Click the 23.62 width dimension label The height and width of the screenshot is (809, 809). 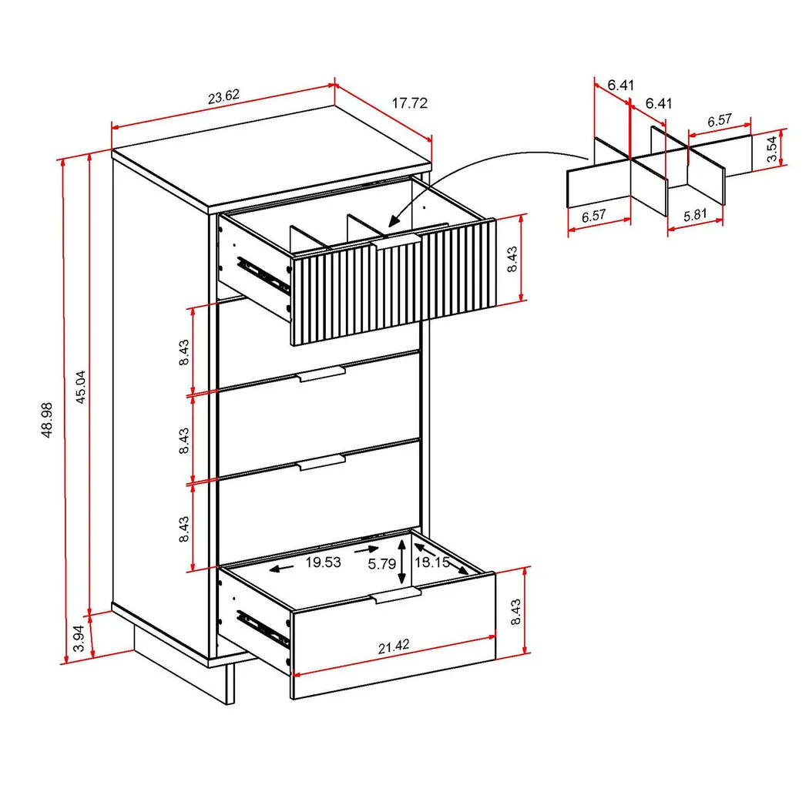pyautogui.click(x=223, y=97)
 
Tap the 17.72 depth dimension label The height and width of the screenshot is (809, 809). pyautogui.click(x=409, y=102)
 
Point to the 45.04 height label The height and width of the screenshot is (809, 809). pyautogui.click(x=79, y=388)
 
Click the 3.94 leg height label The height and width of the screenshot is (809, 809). pyautogui.click(x=78, y=639)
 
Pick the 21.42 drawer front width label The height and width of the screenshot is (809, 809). pyautogui.click(x=393, y=647)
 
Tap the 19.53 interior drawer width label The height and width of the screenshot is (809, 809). pyautogui.click(x=323, y=562)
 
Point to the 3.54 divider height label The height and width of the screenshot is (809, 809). pyautogui.click(x=771, y=146)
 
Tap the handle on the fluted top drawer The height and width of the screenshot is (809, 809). pyautogui.click(x=394, y=243)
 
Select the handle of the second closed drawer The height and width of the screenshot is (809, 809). pyautogui.click(x=321, y=375)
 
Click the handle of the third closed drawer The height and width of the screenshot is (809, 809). pyautogui.click(x=321, y=463)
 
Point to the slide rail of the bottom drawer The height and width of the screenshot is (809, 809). pyautogui.click(x=262, y=626)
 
